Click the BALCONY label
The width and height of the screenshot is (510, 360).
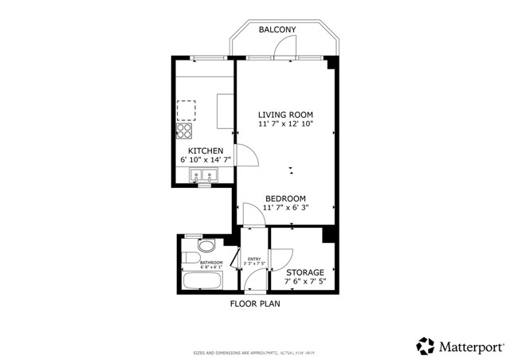click(x=277, y=29)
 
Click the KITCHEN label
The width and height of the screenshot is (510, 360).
click(x=205, y=151)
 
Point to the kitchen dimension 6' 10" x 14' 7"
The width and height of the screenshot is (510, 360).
click(x=205, y=161)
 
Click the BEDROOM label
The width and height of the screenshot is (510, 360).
click(x=285, y=198)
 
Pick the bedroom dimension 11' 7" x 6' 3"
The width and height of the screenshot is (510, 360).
click(x=285, y=208)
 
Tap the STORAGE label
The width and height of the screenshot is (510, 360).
click(x=304, y=272)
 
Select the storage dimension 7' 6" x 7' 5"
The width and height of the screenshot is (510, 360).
click(x=304, y=283)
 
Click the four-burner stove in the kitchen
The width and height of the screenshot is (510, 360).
click(x=184, y=130)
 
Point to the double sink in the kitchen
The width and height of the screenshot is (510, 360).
click(x=204, y=176)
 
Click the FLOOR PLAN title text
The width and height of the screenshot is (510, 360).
click(x=255, y=303)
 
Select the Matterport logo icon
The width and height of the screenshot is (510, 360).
click(x=425, y=346)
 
